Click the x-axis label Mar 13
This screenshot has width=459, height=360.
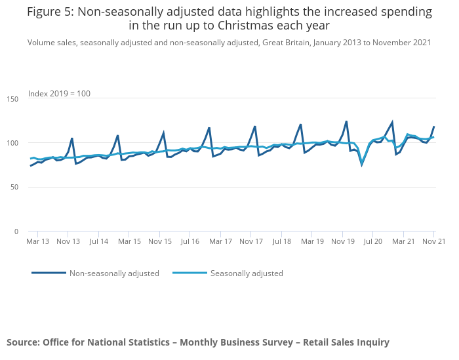pyautogui.click(x=38, y=241)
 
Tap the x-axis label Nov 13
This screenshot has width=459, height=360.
pyautogui.click(x=68, y=241)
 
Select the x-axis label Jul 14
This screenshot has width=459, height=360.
pyautogui.click(x=98, y=241)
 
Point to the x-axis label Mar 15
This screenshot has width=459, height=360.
pyautogui.click(x=129, y=241)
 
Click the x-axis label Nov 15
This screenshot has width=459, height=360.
pyautogui.click(x=159, y=241)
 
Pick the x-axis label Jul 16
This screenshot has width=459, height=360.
pyautogui.click(x=190, y=241)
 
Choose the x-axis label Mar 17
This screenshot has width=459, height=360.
pyautogui.click(x=220, y=241)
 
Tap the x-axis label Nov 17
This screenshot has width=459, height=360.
pyautogui.click(x=250, y=241)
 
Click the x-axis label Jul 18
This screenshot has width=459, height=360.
pyautogui.click(x=281, y=241)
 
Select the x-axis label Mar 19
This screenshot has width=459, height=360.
pyautogui.click(x=311, y=241)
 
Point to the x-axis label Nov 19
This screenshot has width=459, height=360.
pyautogui.click(x=342, y=241)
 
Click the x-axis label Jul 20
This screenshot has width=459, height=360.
pyautogui.click(x=372, y=241)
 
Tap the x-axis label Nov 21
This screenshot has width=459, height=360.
pyautogui.click(x=433, y=241)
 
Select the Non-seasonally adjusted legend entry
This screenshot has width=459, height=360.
pyautogui.click(x=114, y=273)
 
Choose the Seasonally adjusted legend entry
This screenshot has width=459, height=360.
pyautogui.click(x=247, y=273)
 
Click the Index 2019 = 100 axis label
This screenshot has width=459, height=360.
pyautogui.click(x=59, y=94)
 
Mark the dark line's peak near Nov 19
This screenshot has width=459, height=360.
pyautogui.click(x=346, y=121)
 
